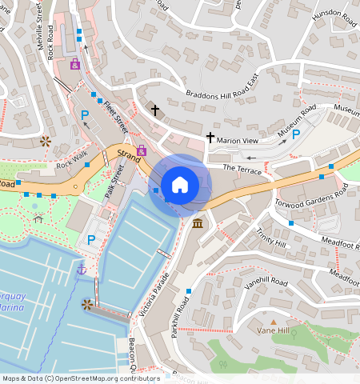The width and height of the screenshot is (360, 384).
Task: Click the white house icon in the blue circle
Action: pos(180,185)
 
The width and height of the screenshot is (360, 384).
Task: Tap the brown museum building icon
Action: pos(198,221)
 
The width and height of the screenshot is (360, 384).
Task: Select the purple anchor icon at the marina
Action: pos(81,270)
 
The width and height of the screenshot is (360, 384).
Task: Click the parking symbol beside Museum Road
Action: pos(296,134)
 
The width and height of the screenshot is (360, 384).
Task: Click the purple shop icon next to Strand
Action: pos(142,150)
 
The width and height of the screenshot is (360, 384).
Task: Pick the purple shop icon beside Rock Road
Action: pos(75,64)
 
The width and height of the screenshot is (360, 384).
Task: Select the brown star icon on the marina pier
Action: pos(86,304)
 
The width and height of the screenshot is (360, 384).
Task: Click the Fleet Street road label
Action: pos(115,114)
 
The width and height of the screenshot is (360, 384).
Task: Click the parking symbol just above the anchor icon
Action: pos(90,240)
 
